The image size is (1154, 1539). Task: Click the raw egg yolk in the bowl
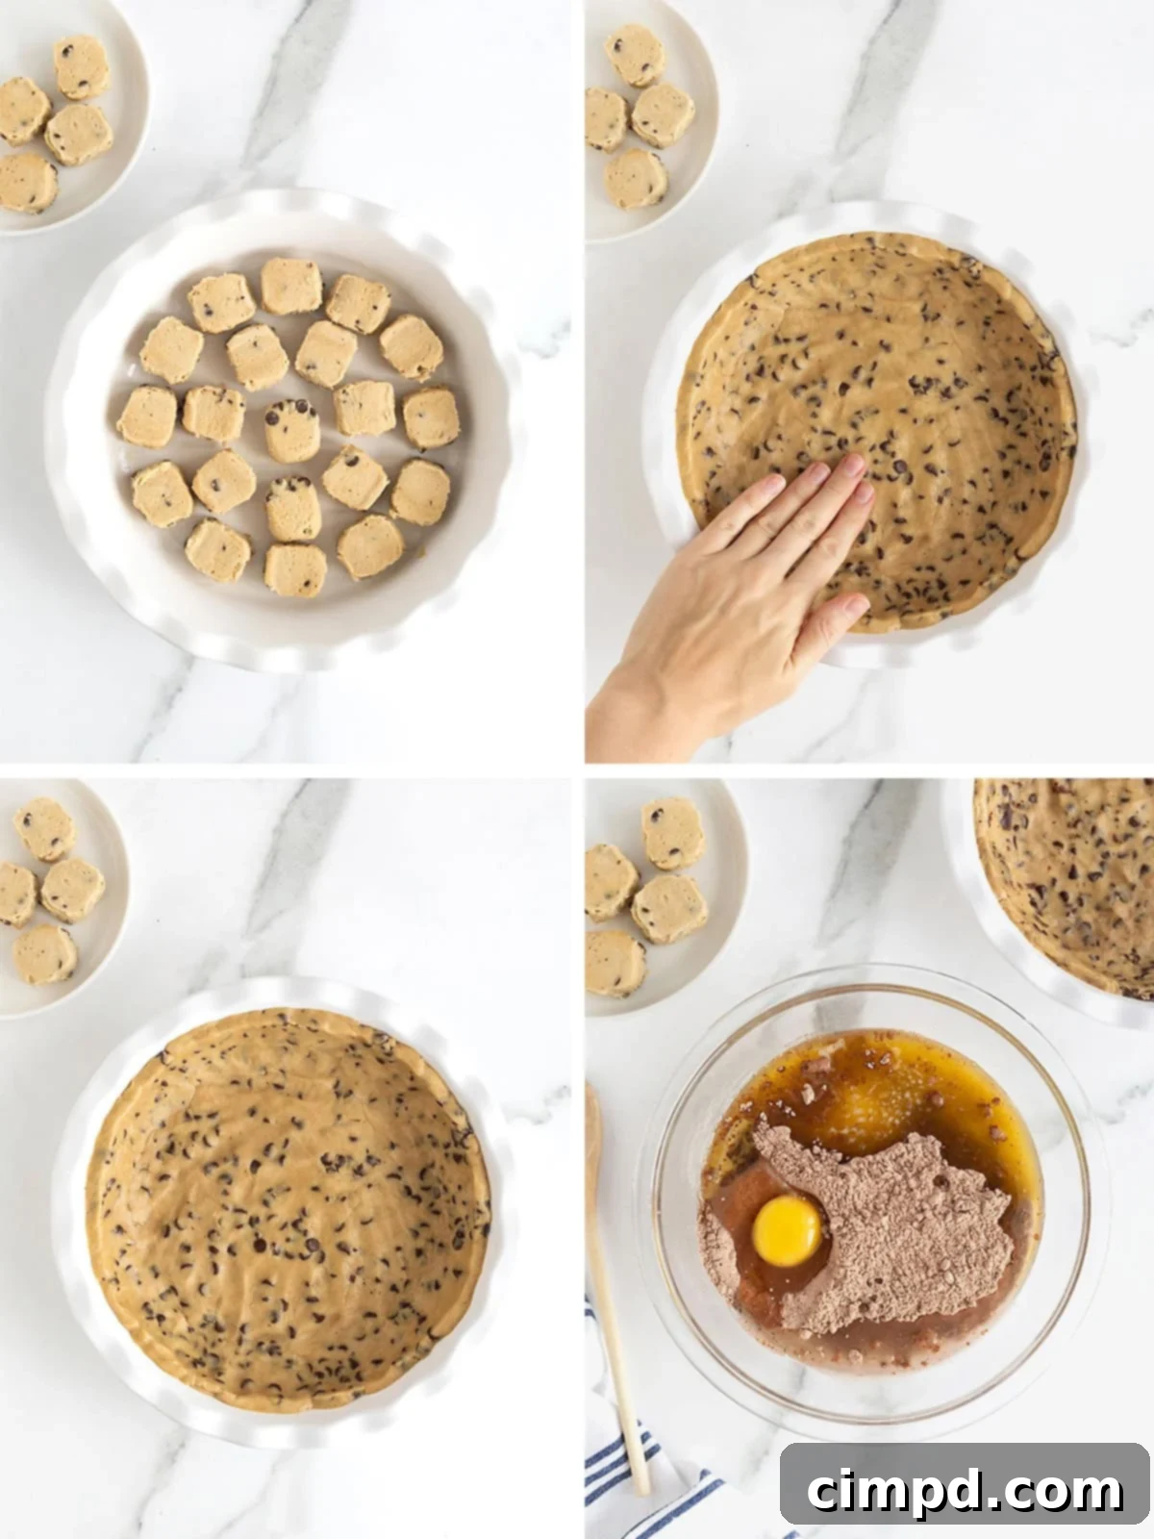coord(788,1230)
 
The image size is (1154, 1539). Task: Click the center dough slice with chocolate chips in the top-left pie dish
coord(291,430)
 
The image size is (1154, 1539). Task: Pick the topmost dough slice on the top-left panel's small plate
coord(82,65)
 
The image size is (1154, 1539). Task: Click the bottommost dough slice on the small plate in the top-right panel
coord(636,178)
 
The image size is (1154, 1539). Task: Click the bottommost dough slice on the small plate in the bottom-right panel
coord(614,962)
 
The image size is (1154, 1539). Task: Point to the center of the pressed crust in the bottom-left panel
coord(288,1202)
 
